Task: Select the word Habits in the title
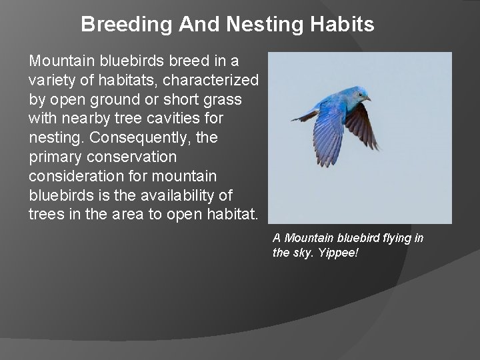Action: click(341, 25)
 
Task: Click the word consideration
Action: click(71, 176)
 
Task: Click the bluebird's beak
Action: click(368, 98)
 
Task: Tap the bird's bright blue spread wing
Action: click(329, 133)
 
